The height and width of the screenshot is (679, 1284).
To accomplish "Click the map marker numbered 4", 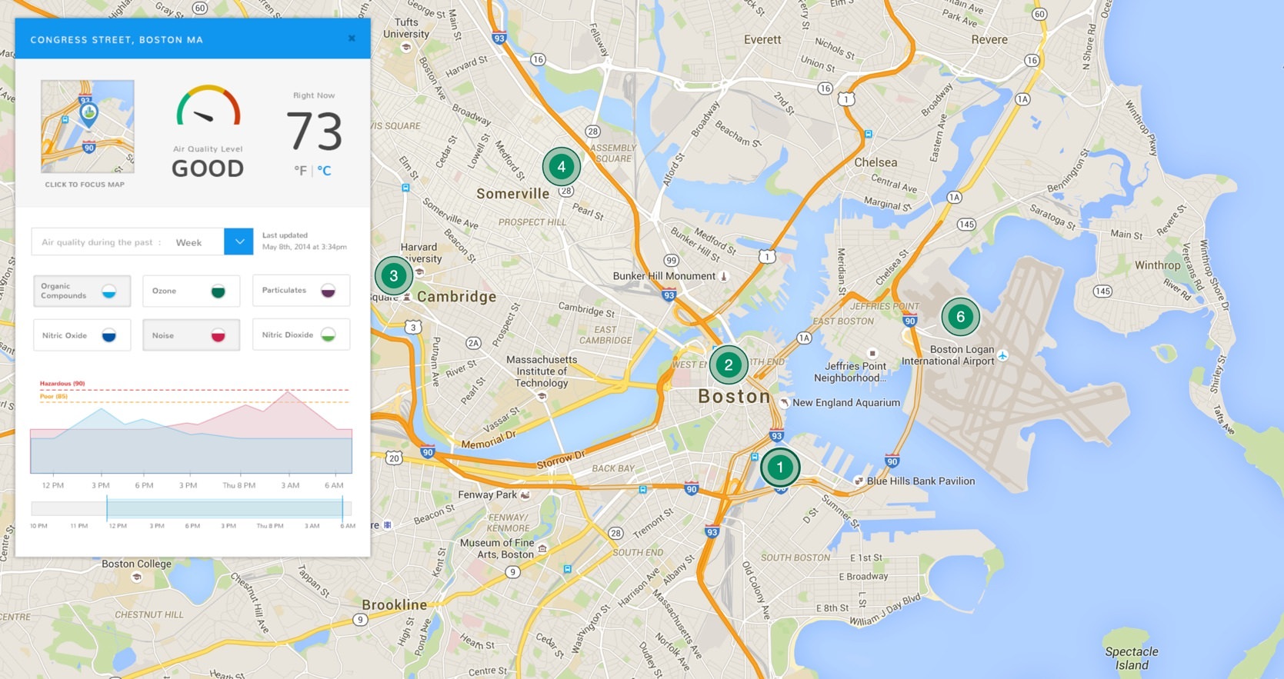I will tap(561, 167).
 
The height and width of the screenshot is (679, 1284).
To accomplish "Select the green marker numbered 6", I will tap(960, 317).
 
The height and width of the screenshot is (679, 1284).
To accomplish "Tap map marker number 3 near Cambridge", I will tap(394, 276).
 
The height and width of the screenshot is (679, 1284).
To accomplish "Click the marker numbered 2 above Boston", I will tap(728, 365).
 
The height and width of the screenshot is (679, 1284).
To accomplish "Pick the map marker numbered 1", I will tap(779, 467).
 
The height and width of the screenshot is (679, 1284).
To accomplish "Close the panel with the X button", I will tap(352, 38).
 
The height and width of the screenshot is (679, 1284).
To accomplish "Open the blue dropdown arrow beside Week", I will tap(238, 241).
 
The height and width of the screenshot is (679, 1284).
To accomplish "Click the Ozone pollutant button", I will tap(191, 291).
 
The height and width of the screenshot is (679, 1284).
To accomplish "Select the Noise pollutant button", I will tap(191, 335).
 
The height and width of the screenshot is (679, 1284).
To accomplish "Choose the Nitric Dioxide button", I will tap(301, 335).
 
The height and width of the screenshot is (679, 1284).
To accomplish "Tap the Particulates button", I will tap(301, 290).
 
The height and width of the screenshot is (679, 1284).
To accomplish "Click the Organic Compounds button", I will tap(82, 291).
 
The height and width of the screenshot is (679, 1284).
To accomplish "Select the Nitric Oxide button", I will tap(82, 335).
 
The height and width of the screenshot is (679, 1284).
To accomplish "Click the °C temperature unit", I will tap(325, 171).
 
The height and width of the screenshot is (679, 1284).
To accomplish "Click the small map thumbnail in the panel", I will tap(88, 126).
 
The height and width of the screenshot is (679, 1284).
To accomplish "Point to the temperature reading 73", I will tap(314, 131).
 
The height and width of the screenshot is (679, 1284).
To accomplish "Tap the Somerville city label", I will tap(512, 194).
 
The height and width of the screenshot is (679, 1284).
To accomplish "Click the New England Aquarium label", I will tap(845, 402).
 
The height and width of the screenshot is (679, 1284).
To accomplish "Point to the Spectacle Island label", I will tap(1132, 658).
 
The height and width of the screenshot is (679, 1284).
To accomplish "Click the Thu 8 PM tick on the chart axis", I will tap(238, 485).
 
